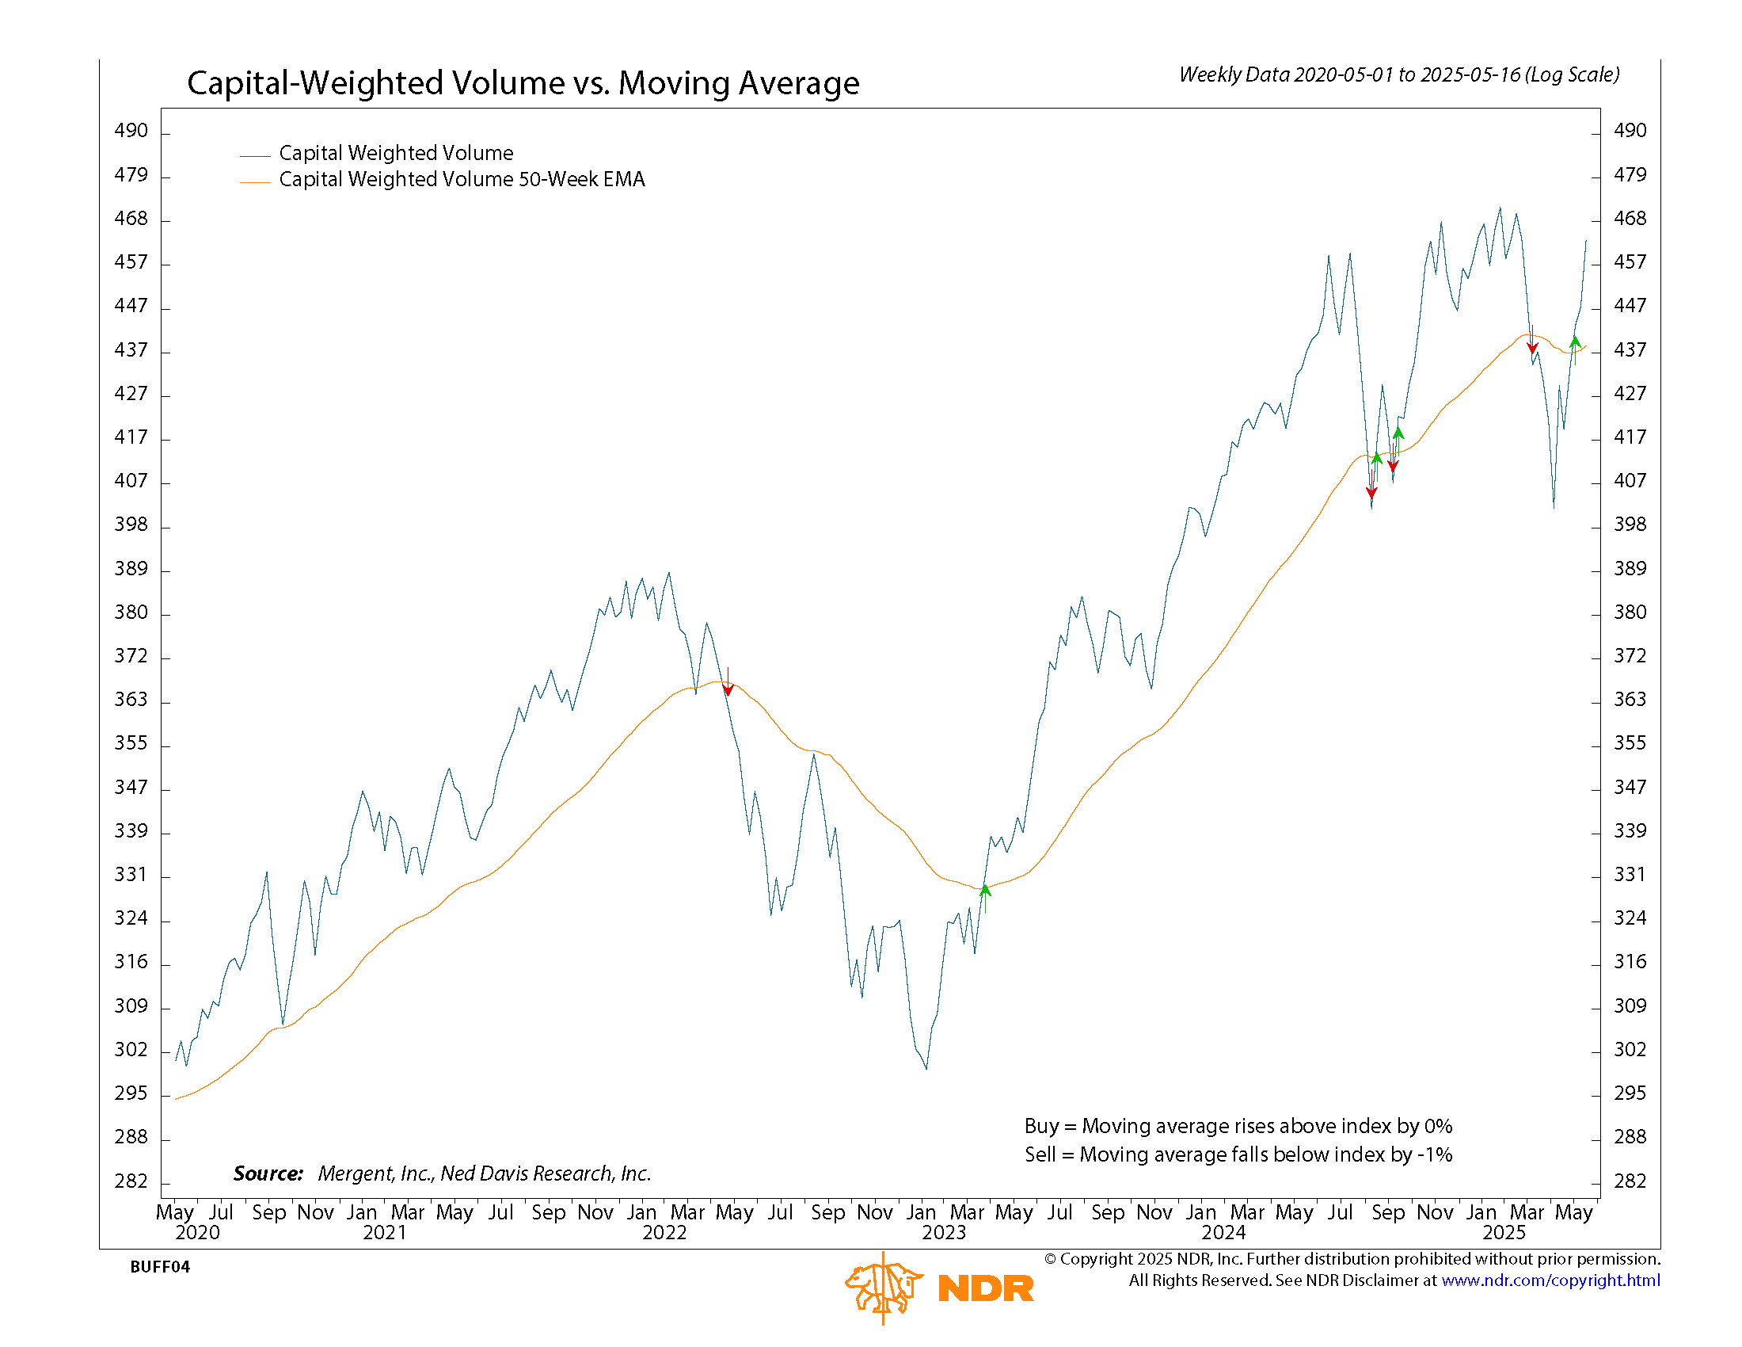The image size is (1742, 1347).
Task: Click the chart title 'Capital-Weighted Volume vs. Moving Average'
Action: (x=523, y=83)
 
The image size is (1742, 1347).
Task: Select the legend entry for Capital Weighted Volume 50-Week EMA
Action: (x=461, y=180)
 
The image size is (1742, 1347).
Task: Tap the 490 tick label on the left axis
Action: (x=131, y=131)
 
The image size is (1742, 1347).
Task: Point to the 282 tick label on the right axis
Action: (x=1630, y=1181)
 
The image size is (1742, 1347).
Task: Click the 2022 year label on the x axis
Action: (x=664, y=1233)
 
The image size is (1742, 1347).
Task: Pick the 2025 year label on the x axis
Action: (x=1504, y=1233)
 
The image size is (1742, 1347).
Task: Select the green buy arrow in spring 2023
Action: (x=985, y=891)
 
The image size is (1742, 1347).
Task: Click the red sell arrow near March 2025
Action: (x=1532, y=346)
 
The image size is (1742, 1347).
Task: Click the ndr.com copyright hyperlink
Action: (x=1550, y=1280)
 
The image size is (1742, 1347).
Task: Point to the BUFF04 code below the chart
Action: (x=159, y=1267)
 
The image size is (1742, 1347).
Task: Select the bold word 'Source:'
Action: (x=268, y=1173)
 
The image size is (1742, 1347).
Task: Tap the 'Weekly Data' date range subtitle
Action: (x=1399, y=75)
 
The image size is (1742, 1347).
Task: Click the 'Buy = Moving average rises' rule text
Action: (x=1238, y=1126)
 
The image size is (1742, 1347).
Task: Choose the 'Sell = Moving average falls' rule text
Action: (x=1238, y=1154)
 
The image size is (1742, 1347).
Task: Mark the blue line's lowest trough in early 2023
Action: (x=926, y=1069)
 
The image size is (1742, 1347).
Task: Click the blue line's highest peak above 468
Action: (x=1500, y=208)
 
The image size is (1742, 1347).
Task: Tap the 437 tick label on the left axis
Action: (x=131, y=350)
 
